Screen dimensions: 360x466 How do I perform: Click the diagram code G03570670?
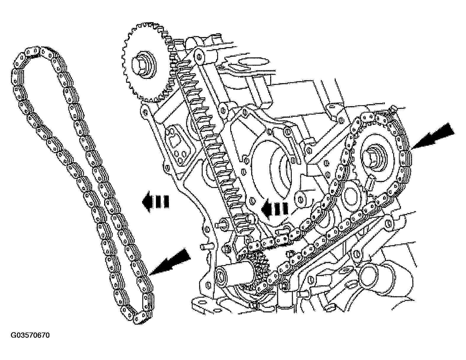point(30,335)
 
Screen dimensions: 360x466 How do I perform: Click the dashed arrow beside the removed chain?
point(155,202)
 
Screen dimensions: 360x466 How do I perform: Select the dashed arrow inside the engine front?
point(275,209)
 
